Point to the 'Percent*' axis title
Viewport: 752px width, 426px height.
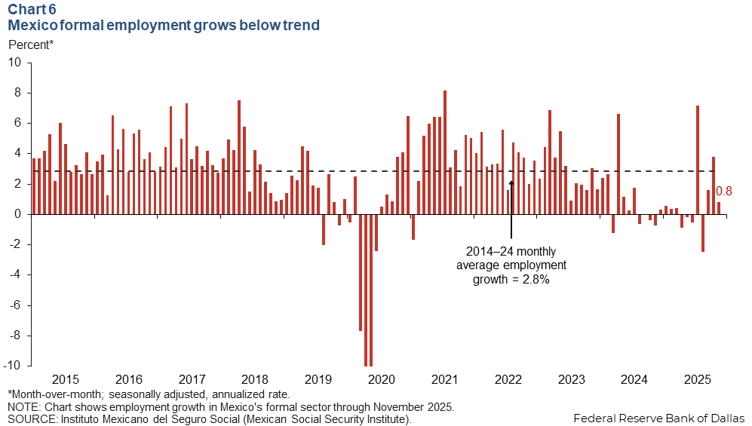point(30,44)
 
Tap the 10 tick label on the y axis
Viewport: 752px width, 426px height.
point(16,63)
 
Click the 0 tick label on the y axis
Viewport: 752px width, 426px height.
point(18,214)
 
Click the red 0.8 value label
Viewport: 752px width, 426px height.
point(724,192)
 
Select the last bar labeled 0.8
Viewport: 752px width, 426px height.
point(719,208)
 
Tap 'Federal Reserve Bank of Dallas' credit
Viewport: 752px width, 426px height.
point(658,417)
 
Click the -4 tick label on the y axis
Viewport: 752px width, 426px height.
point(16,275)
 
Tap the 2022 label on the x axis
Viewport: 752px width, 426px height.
point(506,379)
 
